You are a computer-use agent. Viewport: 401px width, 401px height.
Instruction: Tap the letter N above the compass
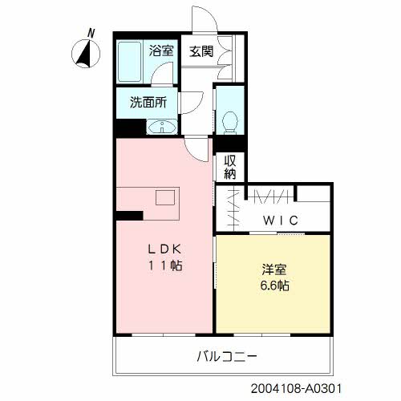click(x=91, y=33)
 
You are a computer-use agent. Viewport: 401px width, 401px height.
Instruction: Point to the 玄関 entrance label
click(x=200, y=51)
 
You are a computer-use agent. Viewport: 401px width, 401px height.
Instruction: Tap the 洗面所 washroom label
click(x=148, y=103)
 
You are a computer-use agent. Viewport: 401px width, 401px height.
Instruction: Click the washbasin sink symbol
click(x=163, y=126)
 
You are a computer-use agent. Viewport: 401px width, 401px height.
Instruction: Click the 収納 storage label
click(x=230, y=166)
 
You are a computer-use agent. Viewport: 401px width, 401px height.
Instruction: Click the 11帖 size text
click(x=164, y=265)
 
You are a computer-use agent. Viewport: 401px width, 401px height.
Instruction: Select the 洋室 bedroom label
click(x=272, y=269)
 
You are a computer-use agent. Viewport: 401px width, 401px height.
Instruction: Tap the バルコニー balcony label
click(x=228, y=355)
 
